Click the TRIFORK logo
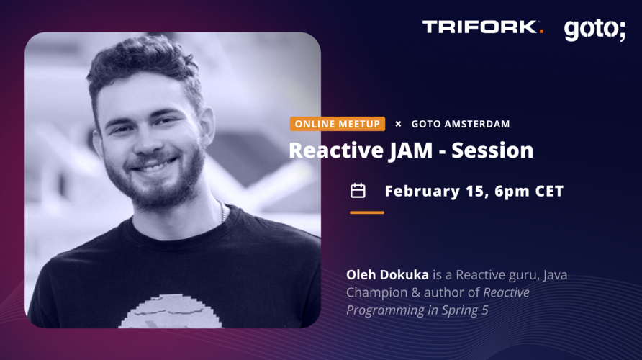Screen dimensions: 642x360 pos(483,27)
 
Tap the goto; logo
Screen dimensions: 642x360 pos(594,30)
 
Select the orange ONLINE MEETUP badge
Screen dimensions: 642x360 pos(338,124)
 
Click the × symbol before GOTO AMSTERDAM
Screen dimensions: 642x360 pos(398,124)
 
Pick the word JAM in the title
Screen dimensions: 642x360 pos(410,150)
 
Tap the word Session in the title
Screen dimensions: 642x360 pos(492,150)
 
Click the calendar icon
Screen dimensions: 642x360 pos(358,191)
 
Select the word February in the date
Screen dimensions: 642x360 pos(422,192)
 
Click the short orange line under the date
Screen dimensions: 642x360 pos(367,212)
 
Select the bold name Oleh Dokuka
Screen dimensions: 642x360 pos(387,274)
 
